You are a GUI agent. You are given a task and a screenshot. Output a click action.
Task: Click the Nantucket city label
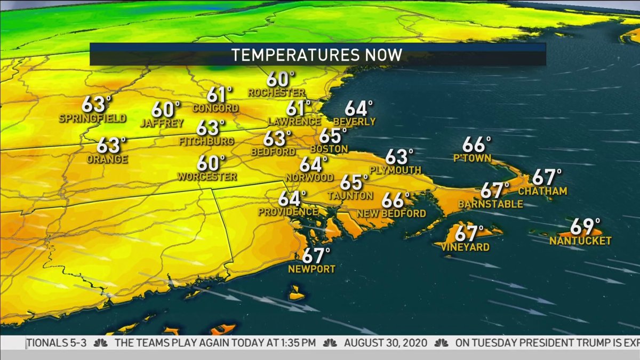pos(580,241)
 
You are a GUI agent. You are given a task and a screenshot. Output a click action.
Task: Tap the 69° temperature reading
pos(585,227)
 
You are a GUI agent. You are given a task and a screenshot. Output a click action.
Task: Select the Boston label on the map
pos(329,149)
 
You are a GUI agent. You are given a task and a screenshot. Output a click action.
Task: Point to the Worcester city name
pos(207,176)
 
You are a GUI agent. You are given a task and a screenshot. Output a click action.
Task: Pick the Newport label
pos(311,269)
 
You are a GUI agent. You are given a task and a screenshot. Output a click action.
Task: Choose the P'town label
pos(472,158)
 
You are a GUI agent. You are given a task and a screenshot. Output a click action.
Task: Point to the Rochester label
pos(276,93)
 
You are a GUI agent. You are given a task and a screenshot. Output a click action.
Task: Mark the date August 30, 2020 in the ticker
pos(385,342)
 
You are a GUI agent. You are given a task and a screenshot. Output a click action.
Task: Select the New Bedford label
pos(391,214)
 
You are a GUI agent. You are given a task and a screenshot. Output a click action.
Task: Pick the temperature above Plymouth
pos(399,157)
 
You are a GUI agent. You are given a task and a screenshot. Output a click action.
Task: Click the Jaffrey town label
pos(162,123)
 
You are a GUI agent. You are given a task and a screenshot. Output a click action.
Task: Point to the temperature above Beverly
pos(358,108)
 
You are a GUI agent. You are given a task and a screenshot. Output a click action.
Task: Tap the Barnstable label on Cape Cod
pos(490,204)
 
